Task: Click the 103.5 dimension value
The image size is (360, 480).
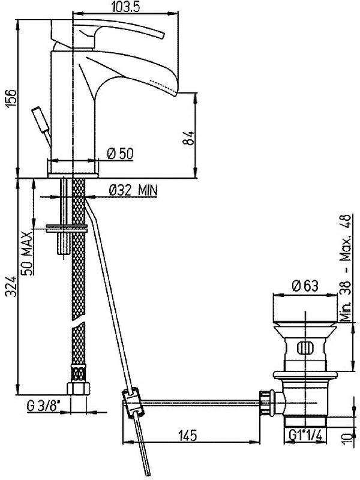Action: (125, 7)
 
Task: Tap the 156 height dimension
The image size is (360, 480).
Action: (11, 98)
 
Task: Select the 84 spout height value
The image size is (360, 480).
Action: (188, 138)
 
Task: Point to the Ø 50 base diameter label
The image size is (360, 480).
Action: (121, 154)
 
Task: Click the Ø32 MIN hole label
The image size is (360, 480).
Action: (133, 190)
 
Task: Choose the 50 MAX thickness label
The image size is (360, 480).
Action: (27, 253)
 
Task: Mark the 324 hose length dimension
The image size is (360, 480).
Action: (11, 286)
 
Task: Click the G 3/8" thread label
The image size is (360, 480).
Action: (43, 407)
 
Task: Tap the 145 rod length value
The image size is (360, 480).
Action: (188, 436)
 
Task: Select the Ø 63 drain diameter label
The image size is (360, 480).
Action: (305, 286)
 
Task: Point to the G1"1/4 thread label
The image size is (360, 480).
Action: (305, 434)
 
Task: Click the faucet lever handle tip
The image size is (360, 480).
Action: (161, 35)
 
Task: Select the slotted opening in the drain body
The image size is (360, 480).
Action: (305, 349)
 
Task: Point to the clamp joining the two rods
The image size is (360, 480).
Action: (132, 403)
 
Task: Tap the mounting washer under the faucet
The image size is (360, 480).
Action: (67, 229)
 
